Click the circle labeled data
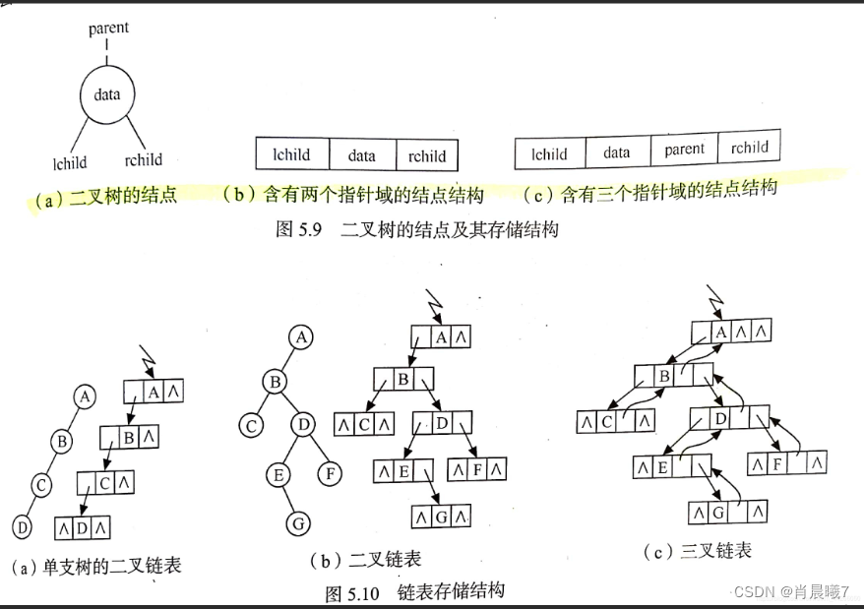(x=106, y=95)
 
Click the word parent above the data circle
(x=108, y=28)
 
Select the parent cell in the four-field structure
(x=684, y=151)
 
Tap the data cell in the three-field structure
(x=361, y=155)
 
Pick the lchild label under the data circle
(x=69, y=163)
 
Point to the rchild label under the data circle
(x=144, y=159)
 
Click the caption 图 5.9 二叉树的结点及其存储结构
(x=418, y=230)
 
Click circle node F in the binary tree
(x=331, y=474)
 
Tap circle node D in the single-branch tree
(x=21, y=525)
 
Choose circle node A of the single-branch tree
(x=86, y=396)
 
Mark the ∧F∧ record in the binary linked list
(x=477, y=469)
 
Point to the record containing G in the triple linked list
(x=726, y=513)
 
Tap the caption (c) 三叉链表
(x=696, y=550)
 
